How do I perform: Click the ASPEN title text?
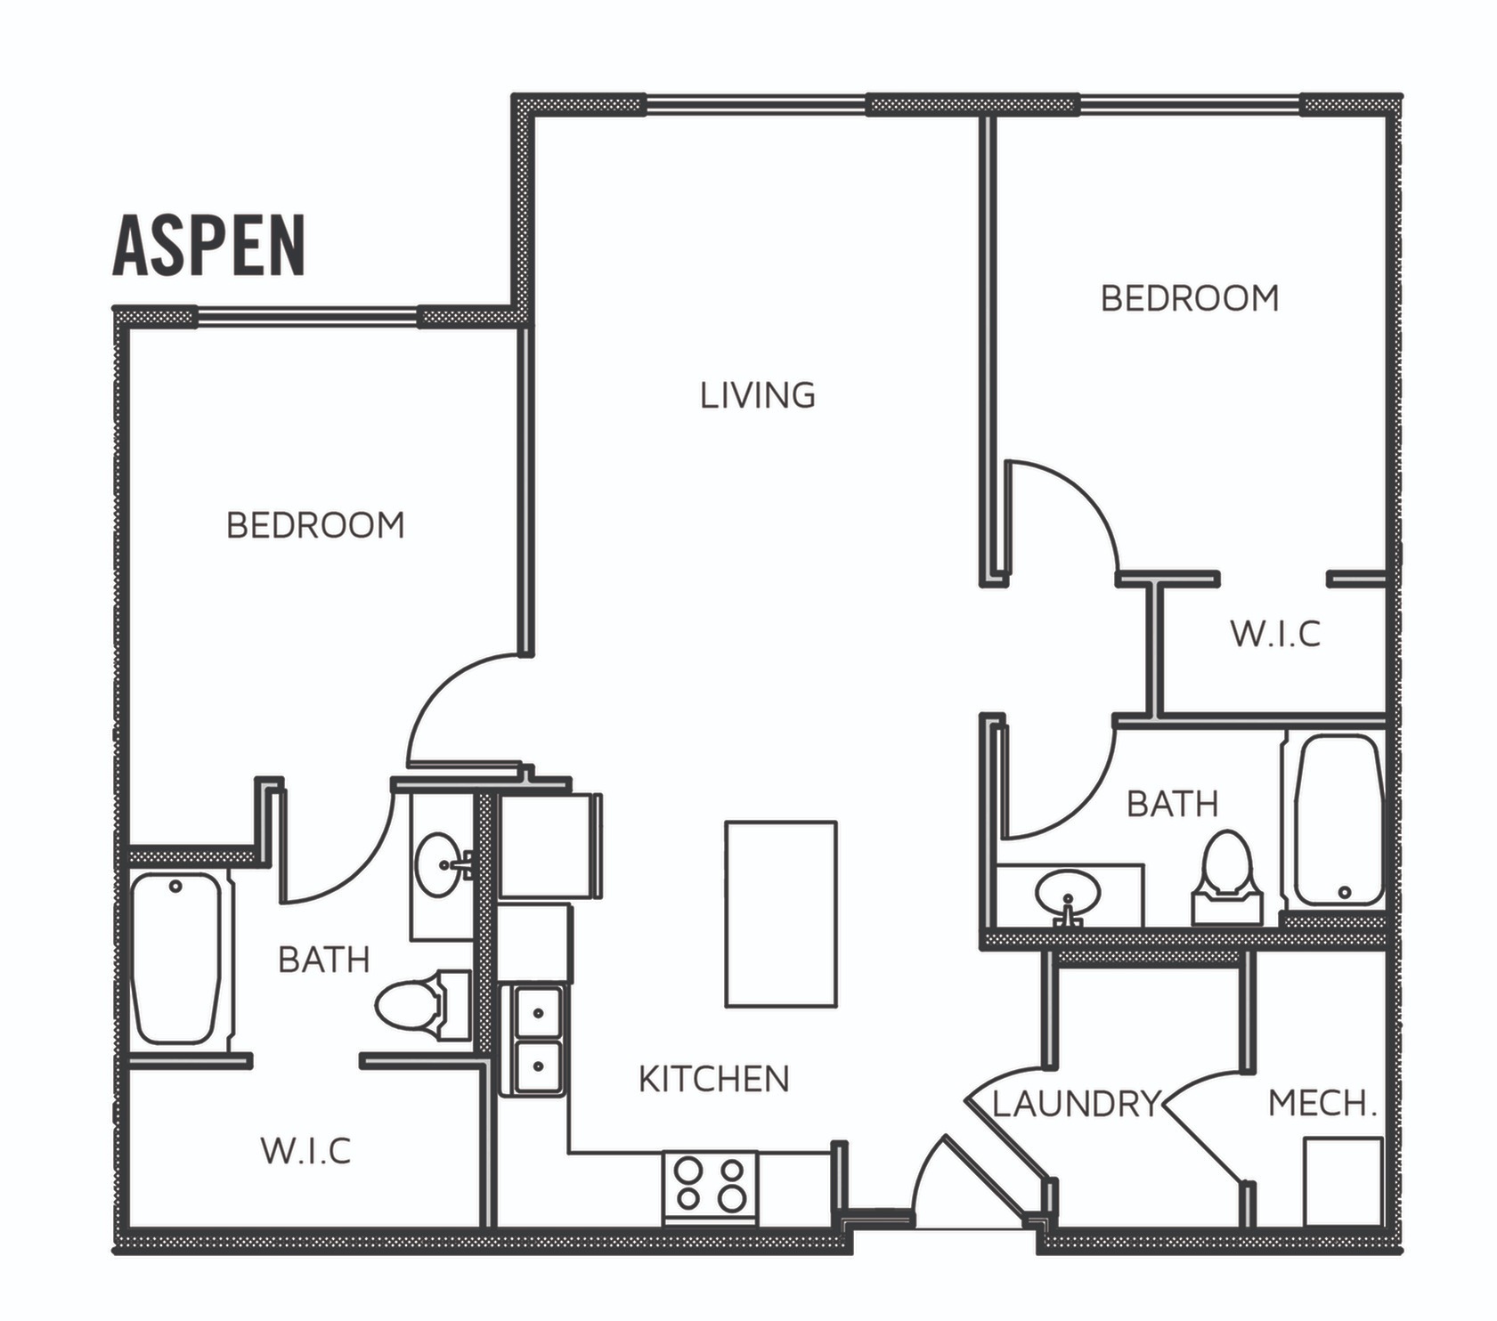pos(209,246)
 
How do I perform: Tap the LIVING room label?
pos(757,395)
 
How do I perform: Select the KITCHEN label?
pos(714,1079)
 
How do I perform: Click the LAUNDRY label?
pos(1077,1104)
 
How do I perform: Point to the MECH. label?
pos(1322,1104)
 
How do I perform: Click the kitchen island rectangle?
pos(781,914)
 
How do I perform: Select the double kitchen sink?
pos(538,1039)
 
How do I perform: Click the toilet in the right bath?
pos(1227,877)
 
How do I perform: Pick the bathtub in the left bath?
pos(176,958)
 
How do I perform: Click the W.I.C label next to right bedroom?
pos(1275,635)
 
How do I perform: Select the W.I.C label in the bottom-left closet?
pos(305,1151)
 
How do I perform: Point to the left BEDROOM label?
pos(315,525)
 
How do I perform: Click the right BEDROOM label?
pos(1190,298)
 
